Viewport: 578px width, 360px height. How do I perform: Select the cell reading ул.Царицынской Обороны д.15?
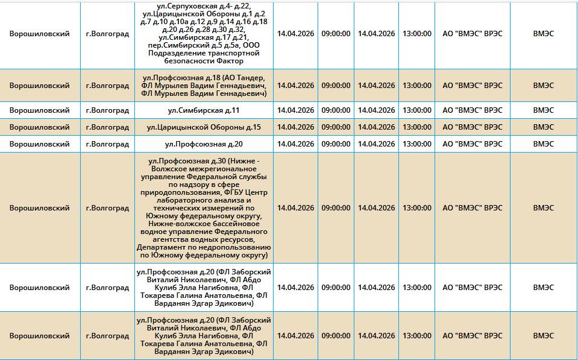click(204, 127)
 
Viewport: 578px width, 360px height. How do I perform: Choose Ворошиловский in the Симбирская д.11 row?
click(39, 110)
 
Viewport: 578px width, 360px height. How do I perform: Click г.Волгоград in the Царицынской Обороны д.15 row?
click(107, 127)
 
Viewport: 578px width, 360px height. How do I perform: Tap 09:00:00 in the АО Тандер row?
click(336, 86)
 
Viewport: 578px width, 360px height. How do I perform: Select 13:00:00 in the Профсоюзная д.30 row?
click(416, 208)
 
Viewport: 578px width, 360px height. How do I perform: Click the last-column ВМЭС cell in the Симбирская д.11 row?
click(543, 110)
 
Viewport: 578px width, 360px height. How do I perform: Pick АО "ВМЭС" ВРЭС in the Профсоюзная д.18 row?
click(472, 86)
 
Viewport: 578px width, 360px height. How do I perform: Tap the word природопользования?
click(173, 192)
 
